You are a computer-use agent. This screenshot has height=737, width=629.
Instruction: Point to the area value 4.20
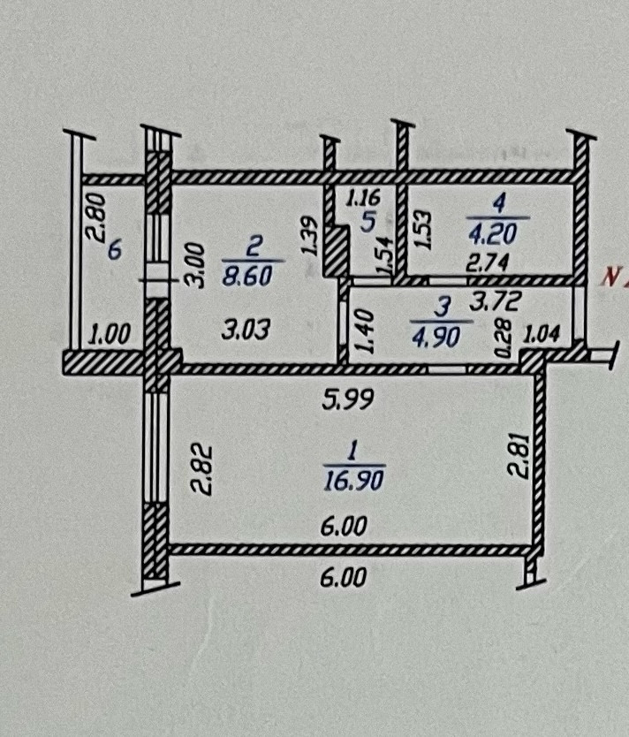(x=500, y=232)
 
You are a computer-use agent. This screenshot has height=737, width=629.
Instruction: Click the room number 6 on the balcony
(x=114, y=251)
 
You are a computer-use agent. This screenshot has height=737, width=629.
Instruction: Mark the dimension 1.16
(x=362, y=200)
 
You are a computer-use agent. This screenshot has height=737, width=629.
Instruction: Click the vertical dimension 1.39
(x=310, y=236)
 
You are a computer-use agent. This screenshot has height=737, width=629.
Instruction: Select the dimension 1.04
(x=542, y=335)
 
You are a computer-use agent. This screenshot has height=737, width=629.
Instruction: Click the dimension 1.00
(x=110, y=334)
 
